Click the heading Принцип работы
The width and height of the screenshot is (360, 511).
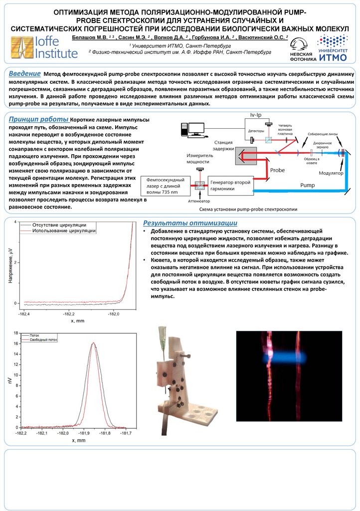[39, 119]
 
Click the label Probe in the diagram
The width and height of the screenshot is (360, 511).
[277, 170]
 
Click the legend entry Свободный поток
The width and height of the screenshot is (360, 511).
[44, 339]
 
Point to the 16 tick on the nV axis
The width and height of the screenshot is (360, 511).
[16, 343]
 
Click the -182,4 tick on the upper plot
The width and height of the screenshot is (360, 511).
[23, 314]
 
